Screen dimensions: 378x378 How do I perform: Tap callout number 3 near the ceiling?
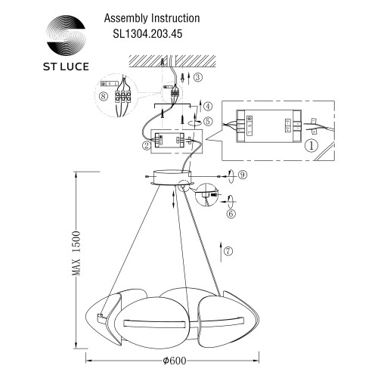197,77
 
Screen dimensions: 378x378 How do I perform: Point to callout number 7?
230,251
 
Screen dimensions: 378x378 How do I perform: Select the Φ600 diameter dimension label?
179,361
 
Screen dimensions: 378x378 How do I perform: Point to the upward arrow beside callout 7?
218,250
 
